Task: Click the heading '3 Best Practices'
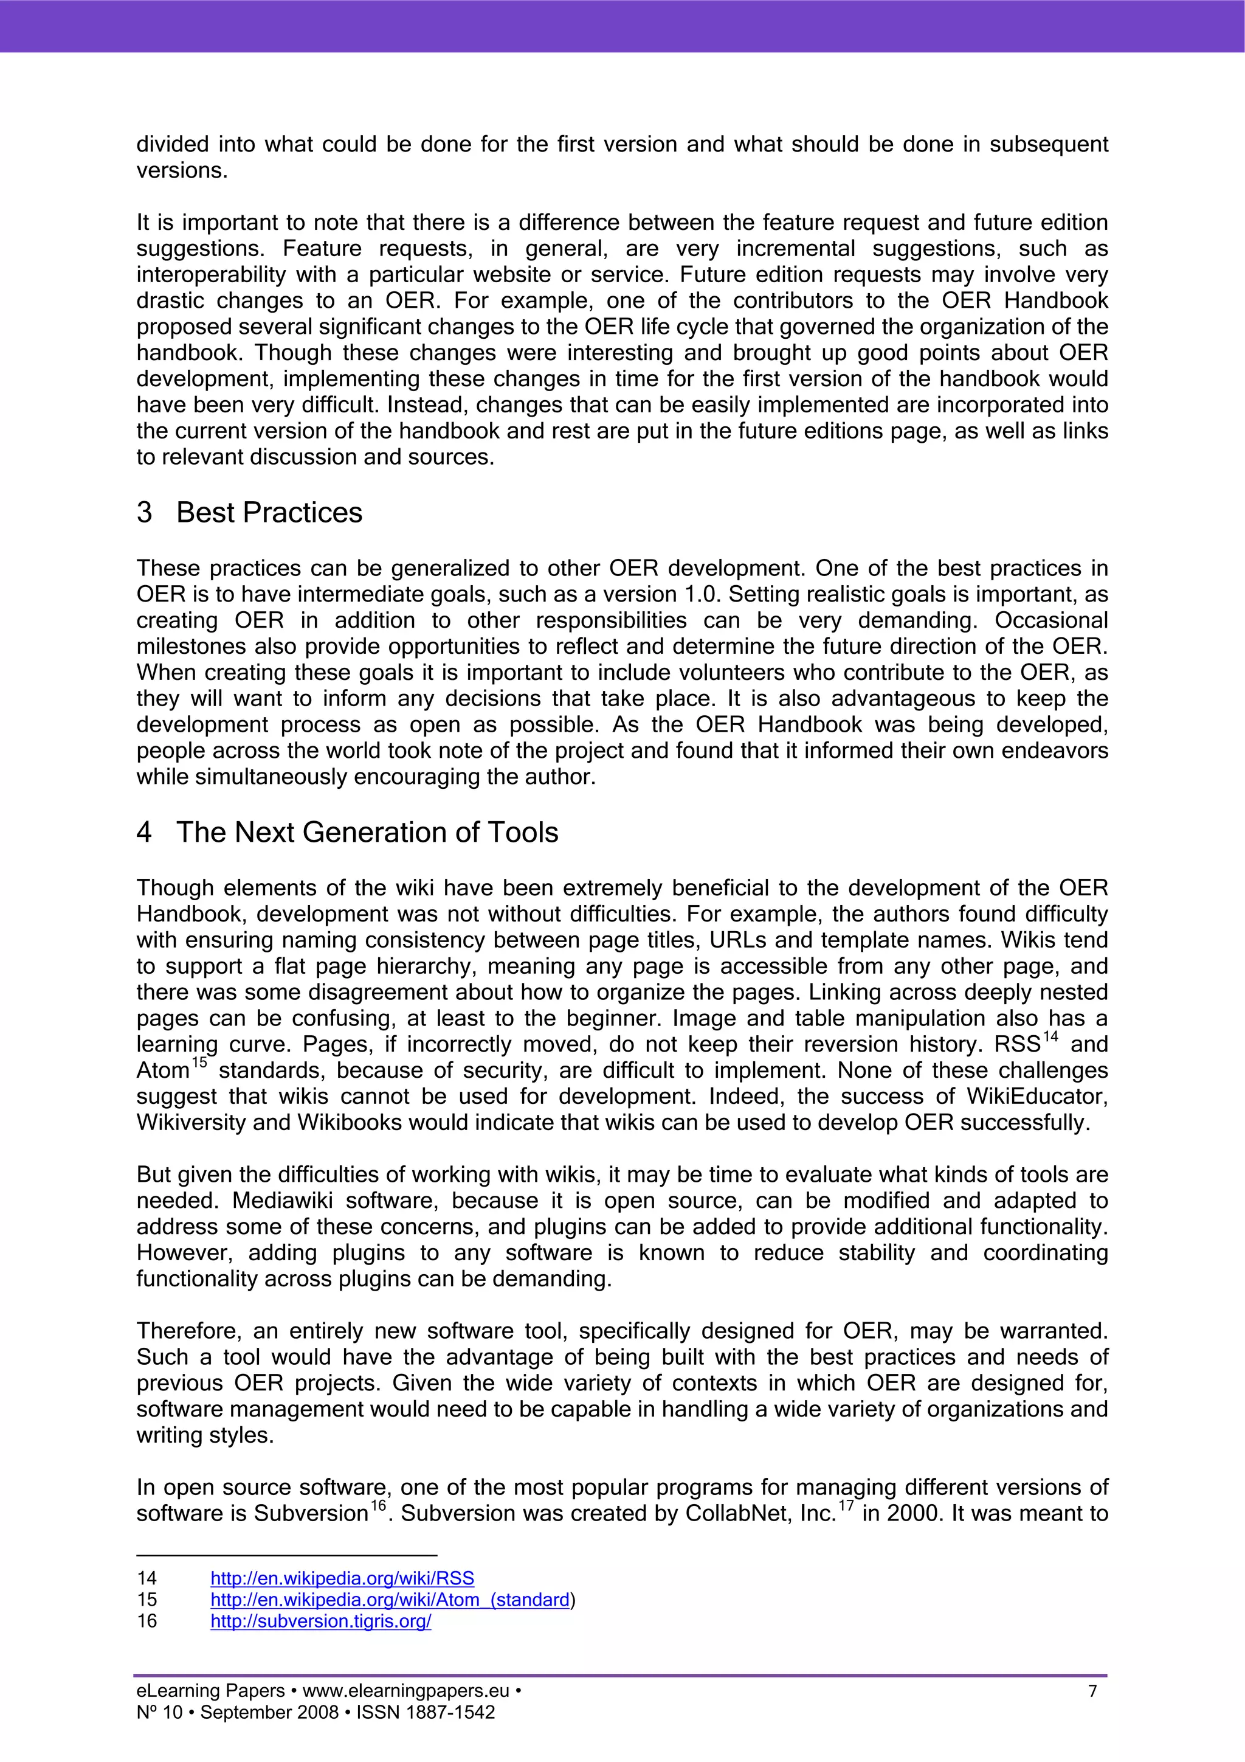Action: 249,513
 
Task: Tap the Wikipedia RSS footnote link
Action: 342,1578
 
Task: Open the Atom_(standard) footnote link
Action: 390,1600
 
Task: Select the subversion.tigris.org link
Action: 320,1621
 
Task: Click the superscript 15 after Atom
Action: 199,1064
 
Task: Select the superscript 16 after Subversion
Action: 378,1507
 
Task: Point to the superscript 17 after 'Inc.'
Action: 846,1507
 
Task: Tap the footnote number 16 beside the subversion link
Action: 147,1621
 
